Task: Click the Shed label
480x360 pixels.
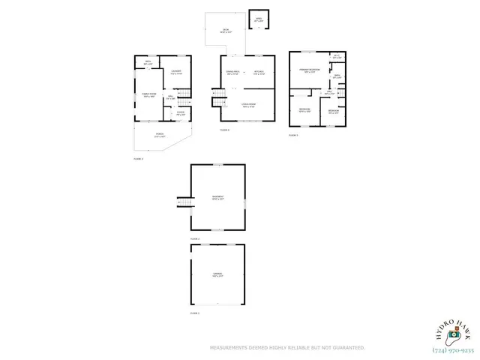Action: (258, 19)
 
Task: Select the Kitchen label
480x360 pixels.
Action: (259, 73)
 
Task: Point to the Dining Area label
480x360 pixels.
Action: (232, 73)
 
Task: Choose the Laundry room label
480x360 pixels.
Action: (176, 73)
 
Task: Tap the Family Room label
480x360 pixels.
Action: (149, 94)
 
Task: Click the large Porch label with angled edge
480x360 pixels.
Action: (159, 136)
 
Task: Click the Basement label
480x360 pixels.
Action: (217, 199)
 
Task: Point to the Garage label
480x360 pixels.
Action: (217, 275)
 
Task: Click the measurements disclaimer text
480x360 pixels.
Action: (287, 348)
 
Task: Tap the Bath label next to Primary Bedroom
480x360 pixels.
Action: (337, 76)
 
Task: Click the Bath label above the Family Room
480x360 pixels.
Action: (148, 63)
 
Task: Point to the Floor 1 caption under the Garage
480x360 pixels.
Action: (194, 313)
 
